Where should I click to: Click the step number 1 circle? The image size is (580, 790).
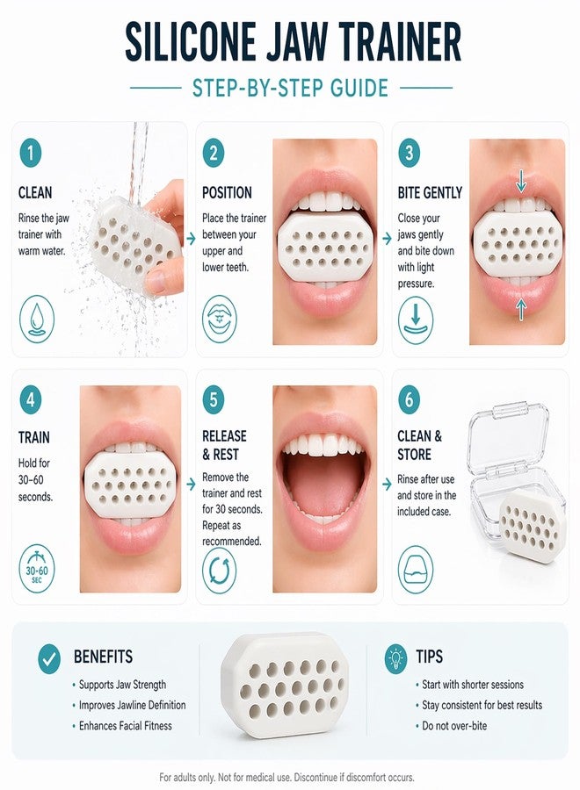coord(31,153)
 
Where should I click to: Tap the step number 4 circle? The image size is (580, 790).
coord(31,399)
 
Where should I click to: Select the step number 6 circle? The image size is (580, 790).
coord(409,399)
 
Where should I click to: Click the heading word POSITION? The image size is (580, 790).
coord(227,192)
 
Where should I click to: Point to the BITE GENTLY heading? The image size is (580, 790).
coord(430,192)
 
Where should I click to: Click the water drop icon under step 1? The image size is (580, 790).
coord(36,320)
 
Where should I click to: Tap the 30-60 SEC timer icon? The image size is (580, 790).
coord(37,568)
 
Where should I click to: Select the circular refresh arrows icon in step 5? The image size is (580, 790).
coord(220,570)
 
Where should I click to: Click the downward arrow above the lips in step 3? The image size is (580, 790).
coord(521,181)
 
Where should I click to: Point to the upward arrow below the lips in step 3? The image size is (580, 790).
coord(521,308)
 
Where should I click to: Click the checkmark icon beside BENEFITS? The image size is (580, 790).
coord(49,659)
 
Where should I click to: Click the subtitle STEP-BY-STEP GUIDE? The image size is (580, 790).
coord(291,88)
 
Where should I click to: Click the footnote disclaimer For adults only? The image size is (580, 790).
coord(286,778)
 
